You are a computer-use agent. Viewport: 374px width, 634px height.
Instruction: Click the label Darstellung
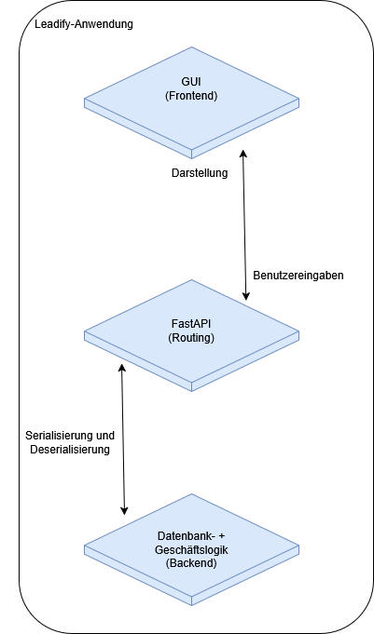(x=199, y=172)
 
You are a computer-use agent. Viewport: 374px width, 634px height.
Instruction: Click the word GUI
(x=191, y=81)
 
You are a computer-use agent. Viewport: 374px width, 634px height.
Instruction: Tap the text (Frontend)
(x=191, y=95)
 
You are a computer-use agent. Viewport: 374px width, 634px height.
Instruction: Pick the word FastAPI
(x=191, y=323)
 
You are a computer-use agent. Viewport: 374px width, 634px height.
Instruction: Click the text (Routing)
(x=191, y=337)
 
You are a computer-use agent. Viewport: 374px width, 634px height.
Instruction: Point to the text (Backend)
(x=191, y=564)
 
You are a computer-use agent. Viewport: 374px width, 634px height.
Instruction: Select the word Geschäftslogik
(x=191, y=550)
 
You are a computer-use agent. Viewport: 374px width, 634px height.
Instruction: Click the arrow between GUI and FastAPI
(x=244, y=223)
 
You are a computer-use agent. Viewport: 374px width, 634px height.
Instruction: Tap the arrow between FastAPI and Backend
(x=123, y=438)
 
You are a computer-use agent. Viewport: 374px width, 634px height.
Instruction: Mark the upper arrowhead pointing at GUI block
(x=244, y=152)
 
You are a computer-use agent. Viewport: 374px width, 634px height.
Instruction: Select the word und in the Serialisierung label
(x=104, y=435)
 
